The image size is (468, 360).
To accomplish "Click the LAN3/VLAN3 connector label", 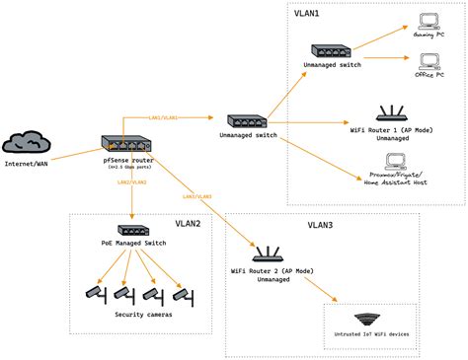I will [x=196, y=196].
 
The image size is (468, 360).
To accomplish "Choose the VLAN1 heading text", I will [x=308, y=15].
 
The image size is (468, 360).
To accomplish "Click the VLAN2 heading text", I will [x=188, y=224].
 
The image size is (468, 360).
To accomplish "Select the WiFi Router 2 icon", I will [x=264, y=253].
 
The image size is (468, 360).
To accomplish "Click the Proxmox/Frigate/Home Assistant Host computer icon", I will [x=396, y=161].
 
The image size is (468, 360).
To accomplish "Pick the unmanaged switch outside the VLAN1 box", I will [x=247, y=122].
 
